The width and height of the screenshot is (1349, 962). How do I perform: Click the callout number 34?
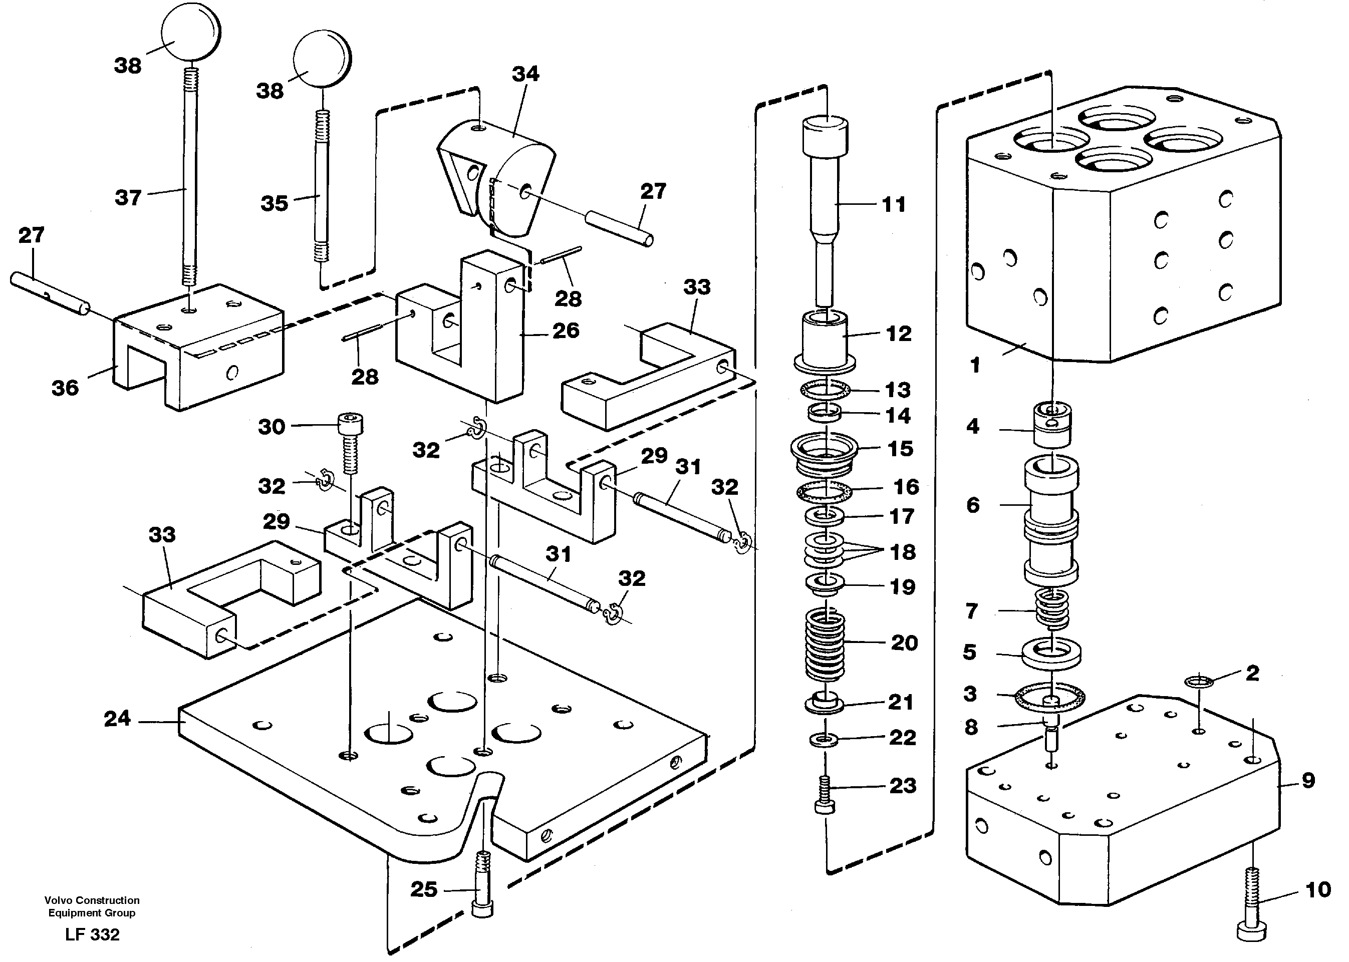tap(525, 74)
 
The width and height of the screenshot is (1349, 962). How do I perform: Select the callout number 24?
tap(117, 719)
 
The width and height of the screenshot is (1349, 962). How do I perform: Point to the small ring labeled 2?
tap(1199, 683)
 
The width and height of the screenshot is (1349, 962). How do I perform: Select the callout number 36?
tap(65, 388)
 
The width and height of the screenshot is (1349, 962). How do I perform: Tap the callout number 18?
tap(903, 552)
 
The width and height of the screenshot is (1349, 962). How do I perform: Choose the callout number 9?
tap(1308, 780)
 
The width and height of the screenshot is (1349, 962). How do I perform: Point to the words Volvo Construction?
tap(92, 900)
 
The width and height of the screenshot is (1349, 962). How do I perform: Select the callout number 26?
tap(565, 331)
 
